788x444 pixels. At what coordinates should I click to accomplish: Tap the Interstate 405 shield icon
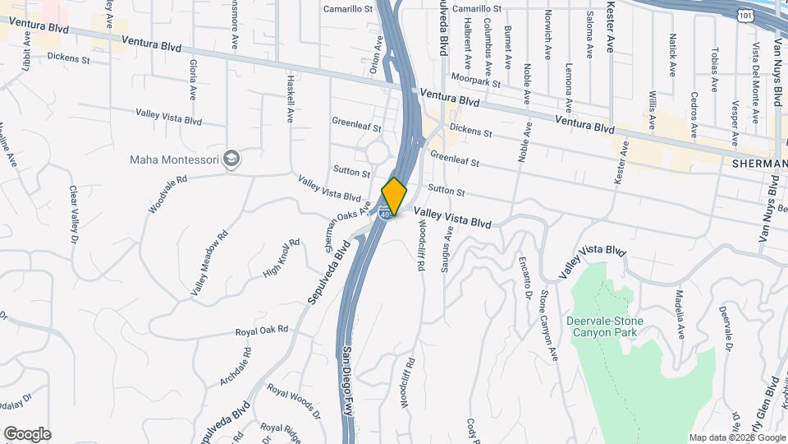(385, 215)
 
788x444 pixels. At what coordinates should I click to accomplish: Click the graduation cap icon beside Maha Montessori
(233, 158)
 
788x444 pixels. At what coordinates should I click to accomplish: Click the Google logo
(27, 434)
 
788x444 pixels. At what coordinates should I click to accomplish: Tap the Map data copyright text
(737, 437)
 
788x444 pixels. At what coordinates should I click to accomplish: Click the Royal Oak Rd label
(262, 329)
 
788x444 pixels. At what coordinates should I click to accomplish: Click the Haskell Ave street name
(291, 99)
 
